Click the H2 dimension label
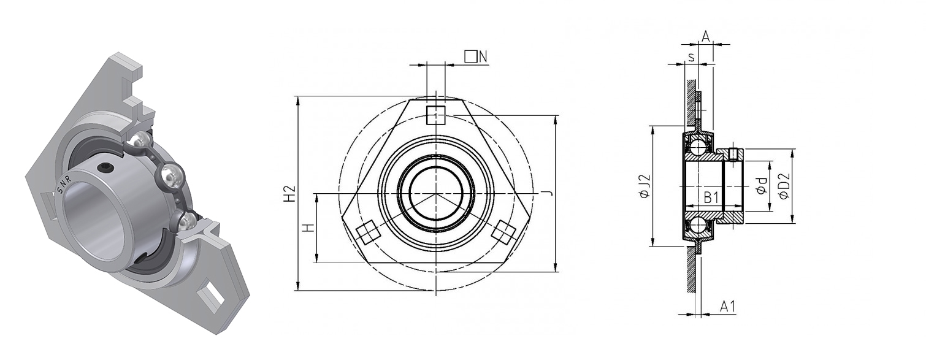click(291, 193)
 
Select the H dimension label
click(309, 228)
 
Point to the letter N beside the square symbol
click(483, 56)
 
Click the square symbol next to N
click(470, 56)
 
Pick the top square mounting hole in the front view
click(436, 115)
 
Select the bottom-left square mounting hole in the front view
click(367, 233)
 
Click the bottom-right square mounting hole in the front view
click(504, 232)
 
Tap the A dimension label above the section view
click(706, 37)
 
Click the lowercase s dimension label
click(691, 56)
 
